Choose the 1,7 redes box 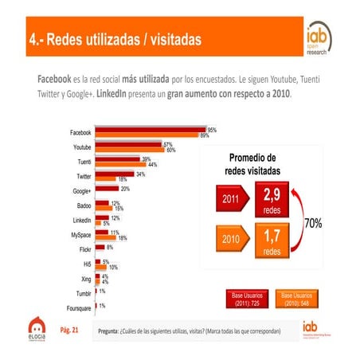[271, 240]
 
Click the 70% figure [312, 224]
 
